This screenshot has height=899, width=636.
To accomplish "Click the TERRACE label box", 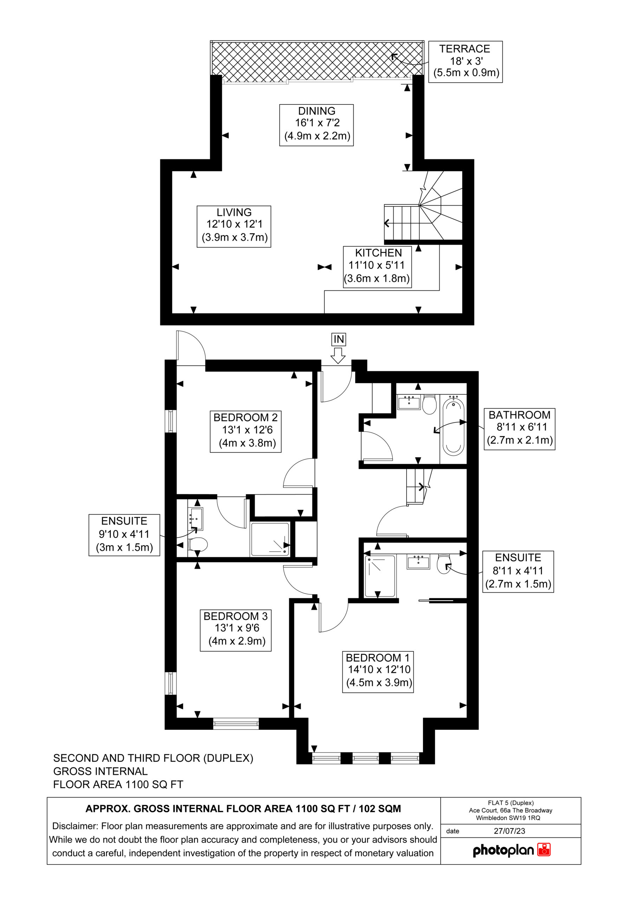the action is coord(465,61).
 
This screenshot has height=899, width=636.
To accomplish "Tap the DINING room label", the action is coord(316,125).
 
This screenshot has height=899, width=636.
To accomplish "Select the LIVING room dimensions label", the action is coord(234,226).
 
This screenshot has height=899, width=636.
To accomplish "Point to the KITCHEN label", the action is coord(377,267).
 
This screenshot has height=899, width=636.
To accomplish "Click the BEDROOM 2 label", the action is coord(246,432).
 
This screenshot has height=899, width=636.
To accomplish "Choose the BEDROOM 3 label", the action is coord(235,630).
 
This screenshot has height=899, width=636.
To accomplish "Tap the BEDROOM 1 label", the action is coord(378,672).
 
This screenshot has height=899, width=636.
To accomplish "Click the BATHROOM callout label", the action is coord(520,429).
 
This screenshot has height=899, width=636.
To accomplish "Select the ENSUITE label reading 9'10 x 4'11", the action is coord(124,535).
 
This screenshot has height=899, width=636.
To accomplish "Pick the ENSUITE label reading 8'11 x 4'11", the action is coord(518,572).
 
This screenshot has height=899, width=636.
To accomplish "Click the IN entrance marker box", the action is coord(339,339).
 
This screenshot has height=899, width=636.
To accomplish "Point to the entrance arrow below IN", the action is coord(338,356).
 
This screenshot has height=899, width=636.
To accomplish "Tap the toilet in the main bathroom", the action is coord(429,404).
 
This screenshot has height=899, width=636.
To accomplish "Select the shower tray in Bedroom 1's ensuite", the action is coord(380,576).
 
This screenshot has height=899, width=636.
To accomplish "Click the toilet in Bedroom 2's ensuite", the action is coord(197,544).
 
